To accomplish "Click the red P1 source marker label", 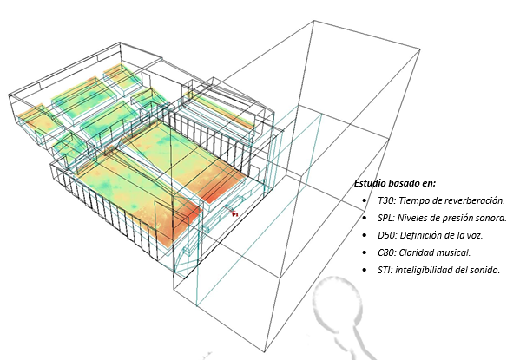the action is click(235, 215).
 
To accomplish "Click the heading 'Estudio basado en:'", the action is click(395, 183).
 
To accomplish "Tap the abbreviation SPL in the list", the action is click(385, 218).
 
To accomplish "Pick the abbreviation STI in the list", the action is click(384, 270).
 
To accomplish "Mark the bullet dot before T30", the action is click(365, 201).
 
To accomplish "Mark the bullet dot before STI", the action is click(365, 270).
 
